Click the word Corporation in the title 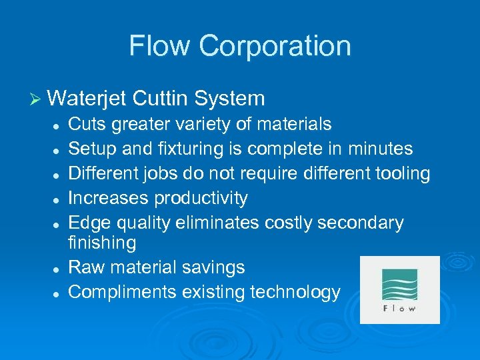tap(275, 46)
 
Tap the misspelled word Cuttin tap(159, 99)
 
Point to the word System tap(229, 99)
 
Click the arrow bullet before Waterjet tap(37, 99)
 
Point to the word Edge tap(87, 223)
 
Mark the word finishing tap(102, 243)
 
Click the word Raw tap(85, 267)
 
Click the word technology tap(293, 292)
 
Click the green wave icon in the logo tap(399, 284)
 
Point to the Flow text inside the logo tap(399, 309)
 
